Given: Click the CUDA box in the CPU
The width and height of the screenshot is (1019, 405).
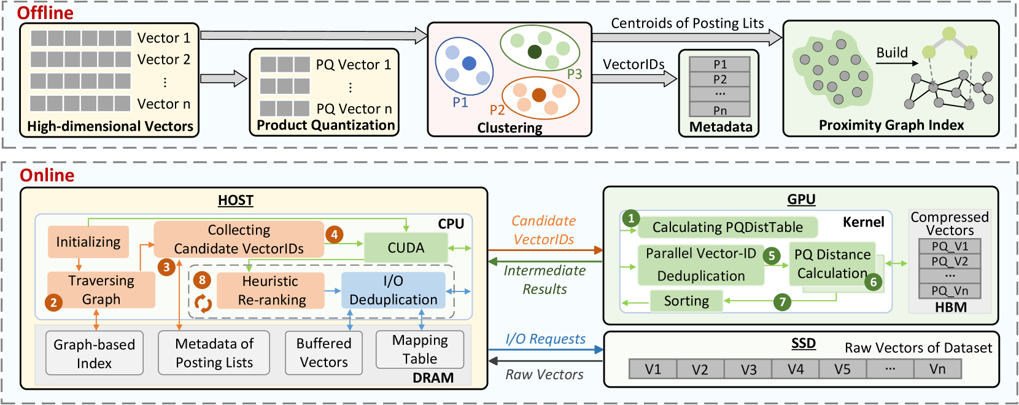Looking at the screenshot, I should click(x=405, y=247).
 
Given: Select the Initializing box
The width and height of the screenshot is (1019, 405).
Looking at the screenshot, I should click(x=88, y=242).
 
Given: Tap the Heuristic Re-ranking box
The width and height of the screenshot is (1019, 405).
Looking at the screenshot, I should click(x=271, y=290).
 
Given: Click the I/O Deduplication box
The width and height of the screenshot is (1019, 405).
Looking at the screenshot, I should click(x=393, y=290).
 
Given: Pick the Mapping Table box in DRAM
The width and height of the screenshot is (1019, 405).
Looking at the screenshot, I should click(x=420, y=349).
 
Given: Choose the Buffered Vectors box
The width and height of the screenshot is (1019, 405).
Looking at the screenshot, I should click(x=324, y=353).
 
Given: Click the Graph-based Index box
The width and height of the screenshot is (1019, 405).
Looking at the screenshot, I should click(x=95, y=353).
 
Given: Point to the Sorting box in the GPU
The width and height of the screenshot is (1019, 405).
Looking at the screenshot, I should click(x=686, y=301).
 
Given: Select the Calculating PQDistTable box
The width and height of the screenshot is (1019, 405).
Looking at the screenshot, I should click(x=727, y=227).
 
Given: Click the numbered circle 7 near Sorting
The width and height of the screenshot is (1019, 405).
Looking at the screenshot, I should click(x=782, y=302).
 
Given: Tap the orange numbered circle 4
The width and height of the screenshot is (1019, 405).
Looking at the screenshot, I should click(x=334, y=234).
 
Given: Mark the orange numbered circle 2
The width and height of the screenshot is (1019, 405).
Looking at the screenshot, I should click(x=53, y=302).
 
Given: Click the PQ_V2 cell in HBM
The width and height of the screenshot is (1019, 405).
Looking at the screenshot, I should click(x=950, y=261).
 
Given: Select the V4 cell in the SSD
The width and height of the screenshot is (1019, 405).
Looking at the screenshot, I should click(x=796, y=369).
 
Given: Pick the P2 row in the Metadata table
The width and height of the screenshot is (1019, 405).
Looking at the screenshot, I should click(x=719, y=79).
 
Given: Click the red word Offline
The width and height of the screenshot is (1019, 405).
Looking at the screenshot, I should click(x=45, y=13).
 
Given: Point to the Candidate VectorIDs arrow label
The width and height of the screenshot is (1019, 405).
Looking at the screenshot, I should click(x=544, y=230).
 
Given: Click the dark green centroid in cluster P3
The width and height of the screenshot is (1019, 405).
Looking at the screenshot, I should click(x=535, y=52).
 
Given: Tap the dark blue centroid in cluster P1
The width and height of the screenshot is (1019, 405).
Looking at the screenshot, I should click(x=469, y=63).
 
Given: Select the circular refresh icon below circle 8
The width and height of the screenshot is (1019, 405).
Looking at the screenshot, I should click(x=203, y=303).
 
